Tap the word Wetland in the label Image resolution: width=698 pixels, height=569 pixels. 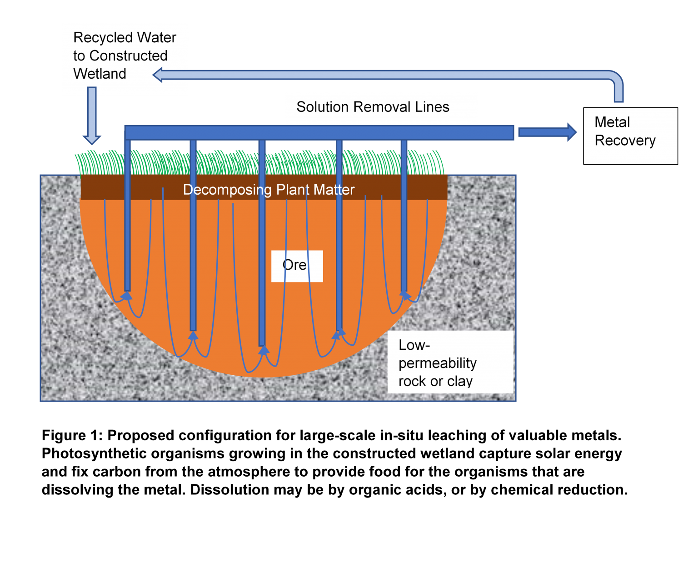click(x=100, y=74)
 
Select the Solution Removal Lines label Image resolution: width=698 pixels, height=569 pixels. click(x=373, y=107)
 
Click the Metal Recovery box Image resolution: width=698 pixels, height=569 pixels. click(x=630, y=136)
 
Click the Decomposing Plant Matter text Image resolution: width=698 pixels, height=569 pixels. click(x=269, y=190)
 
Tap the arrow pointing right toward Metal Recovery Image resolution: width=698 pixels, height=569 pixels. click(x=547, y=132)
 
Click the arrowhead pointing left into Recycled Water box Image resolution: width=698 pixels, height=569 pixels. click(x=159, y=75)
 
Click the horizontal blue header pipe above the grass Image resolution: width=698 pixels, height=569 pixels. click(x=318, y=132)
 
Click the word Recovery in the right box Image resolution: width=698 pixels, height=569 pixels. click(x=625, y=141)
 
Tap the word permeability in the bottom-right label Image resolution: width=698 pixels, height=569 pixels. click(x=437, y=363)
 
